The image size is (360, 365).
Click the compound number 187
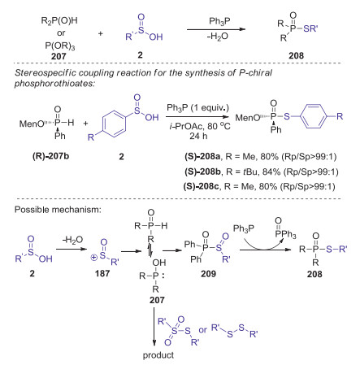[102, 273]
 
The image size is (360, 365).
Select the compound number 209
[208, 273]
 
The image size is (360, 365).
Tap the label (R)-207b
[50, 156]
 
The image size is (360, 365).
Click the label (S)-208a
[202, 156]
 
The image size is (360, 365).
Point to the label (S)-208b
[203, 172]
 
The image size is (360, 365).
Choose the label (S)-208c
[202, 186]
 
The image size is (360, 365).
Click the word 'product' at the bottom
[158, 355]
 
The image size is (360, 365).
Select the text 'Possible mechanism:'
[58, 210]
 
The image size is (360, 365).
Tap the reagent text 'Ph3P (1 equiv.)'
[197, 108]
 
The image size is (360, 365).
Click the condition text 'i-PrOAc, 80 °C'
[200, 126]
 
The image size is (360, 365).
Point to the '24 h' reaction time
[198, 136]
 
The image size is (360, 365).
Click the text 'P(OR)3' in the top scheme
[60, 46]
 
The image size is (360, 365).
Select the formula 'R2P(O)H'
[59, 20]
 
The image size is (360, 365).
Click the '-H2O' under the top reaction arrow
[218, 37]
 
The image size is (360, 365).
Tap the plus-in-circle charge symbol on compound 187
[93, 257]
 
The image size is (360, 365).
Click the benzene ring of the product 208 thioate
[314, 116]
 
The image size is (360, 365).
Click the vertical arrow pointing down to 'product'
[154, 326]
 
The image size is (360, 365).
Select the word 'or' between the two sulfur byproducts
[202, 330]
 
